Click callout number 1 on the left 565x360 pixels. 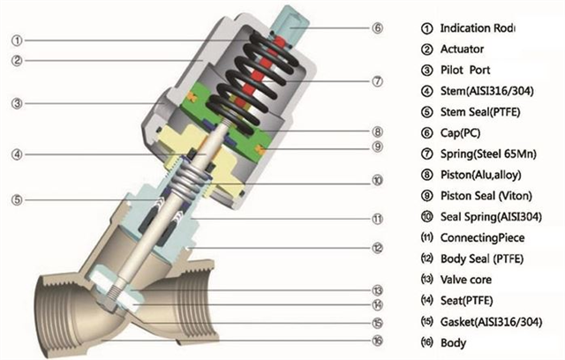coord(18,40)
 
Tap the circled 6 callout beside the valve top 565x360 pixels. coord(377,27)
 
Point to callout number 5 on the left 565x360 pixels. coord(18,199)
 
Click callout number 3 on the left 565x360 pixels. coord(18,103)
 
